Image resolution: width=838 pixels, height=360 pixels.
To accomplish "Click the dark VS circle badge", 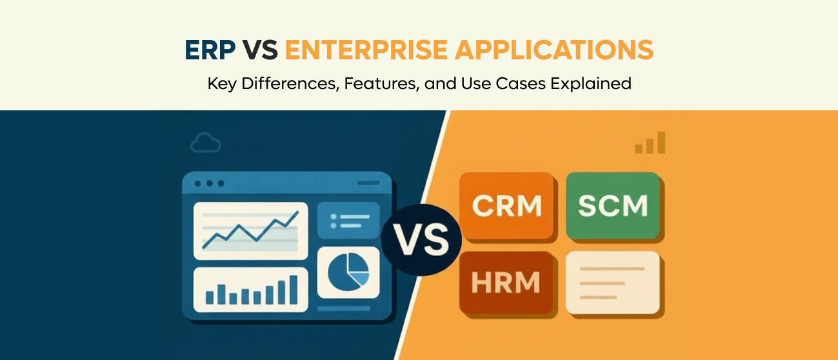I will coord(421,241).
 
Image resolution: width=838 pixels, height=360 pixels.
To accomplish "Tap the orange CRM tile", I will coord(506,205).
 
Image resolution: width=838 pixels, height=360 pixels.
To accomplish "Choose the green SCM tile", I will coord(613,205).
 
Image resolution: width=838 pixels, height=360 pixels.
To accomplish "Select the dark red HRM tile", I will coord(506,282).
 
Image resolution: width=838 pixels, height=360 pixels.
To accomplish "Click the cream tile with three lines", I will coord(613,282).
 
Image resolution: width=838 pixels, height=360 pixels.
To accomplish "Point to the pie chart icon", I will coord(348,272).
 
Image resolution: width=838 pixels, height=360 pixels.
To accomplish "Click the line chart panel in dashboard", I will coord(250,230).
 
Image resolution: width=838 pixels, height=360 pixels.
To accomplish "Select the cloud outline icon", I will coord(205,144).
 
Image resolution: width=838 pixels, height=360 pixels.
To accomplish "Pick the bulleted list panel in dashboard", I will coord(349,221).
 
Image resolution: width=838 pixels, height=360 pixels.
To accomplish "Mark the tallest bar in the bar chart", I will coord(294,289).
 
